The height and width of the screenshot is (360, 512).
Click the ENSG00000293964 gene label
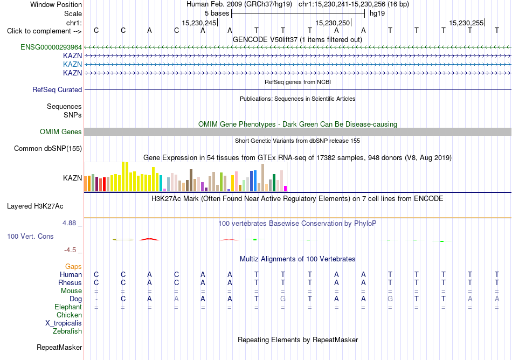tap(51, 47)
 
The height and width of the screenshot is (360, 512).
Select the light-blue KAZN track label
tap(73, 64)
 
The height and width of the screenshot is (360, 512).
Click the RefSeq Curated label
tap(57, 90)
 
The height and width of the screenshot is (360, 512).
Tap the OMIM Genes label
tap(61, 132)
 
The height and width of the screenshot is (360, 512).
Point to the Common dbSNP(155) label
tap(48, 149)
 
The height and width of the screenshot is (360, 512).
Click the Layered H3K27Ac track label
tap(35, 206)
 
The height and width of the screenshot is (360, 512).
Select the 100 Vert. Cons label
tap(30, 236)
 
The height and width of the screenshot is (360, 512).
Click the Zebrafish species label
tap(67, 331)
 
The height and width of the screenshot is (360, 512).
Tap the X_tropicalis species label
tap(64, 323)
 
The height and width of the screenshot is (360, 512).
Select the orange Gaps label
tap(73, 267)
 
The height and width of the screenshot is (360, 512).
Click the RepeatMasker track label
tap(59, 347)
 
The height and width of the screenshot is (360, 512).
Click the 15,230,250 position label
tap(333, 23)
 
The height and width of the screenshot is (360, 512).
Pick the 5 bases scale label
tap(217, 13)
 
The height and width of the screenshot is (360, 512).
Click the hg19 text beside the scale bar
tap(377, 13)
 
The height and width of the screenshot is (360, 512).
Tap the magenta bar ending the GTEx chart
tap(286, 189)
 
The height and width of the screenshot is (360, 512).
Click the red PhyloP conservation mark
tap(149, 240)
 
